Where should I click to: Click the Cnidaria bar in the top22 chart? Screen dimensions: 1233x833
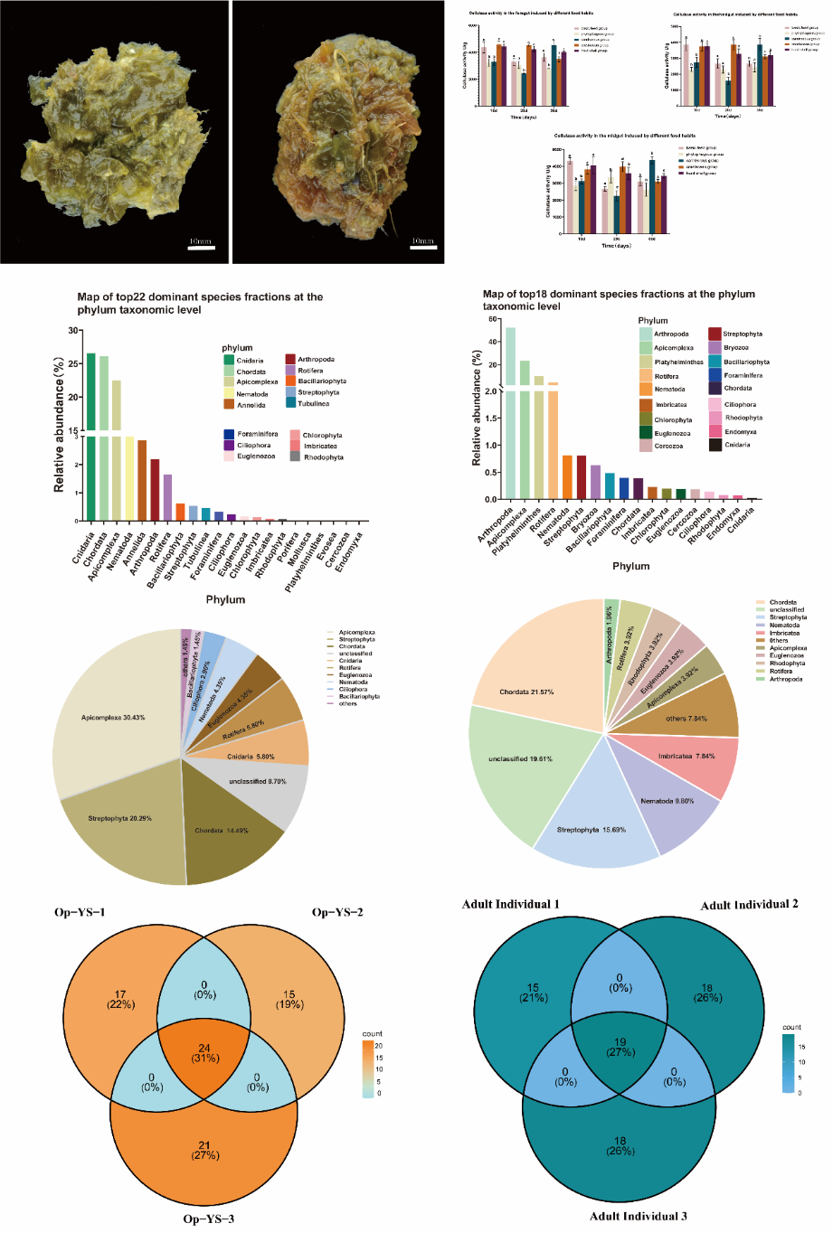(90, 434)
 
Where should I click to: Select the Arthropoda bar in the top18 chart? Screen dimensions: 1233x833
(511, 416)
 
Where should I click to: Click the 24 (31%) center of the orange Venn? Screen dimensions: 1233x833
(204, 1053)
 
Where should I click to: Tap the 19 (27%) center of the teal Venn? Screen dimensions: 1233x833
(620, 1047)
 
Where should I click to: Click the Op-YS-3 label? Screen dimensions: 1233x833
(208, 1219)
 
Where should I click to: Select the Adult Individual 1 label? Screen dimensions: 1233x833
(510, 904)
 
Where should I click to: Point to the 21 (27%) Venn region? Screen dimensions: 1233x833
(204, 1150)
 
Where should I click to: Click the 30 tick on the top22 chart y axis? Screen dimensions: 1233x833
(73, 331)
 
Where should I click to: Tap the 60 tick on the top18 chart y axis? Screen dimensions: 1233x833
(493, 319)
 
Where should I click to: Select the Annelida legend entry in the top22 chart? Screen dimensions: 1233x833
(251, 405)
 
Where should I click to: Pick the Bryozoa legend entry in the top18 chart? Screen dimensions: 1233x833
(734, 348)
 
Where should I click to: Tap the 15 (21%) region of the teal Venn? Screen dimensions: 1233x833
(533, 993)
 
